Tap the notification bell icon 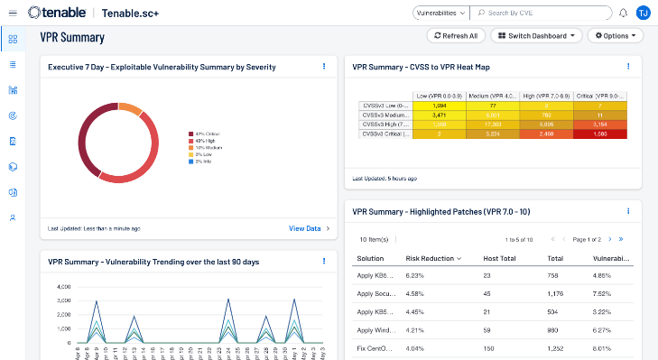(623, 14)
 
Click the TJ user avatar (643, 13)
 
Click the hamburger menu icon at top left (13, 13)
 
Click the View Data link (305, 228)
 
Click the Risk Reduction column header (431, 258)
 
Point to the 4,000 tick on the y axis (63, 287)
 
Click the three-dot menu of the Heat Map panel (628, 66)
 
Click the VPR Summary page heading (72, 38)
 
